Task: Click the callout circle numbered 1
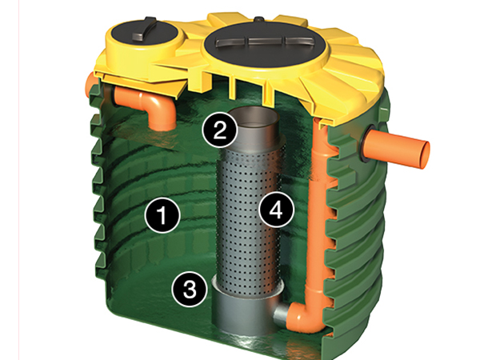(x=162, y=215)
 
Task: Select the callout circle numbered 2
(x=219, y=130)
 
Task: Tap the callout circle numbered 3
(x=190, y=289)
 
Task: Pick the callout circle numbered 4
(x=277, y=210)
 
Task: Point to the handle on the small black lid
(x=145, y=29)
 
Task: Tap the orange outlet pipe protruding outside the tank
(x=398, y=148)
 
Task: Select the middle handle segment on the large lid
(x=266, y=41)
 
